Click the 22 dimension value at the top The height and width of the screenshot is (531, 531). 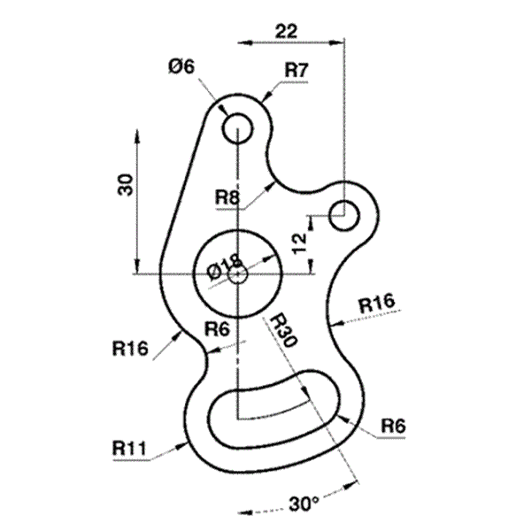pos(286,31)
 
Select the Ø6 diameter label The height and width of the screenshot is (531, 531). pos(181,66)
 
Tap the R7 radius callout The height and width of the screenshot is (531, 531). pos(296,71)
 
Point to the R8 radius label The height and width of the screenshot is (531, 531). pos(227,196)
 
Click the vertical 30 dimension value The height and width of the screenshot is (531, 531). pos(125,185)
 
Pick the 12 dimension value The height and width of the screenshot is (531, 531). pos(299,243)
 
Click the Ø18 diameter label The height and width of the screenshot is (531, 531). pos(224,267)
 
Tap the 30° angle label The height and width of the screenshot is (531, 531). pos(304,504)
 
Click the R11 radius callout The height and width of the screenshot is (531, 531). pos(129,449)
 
